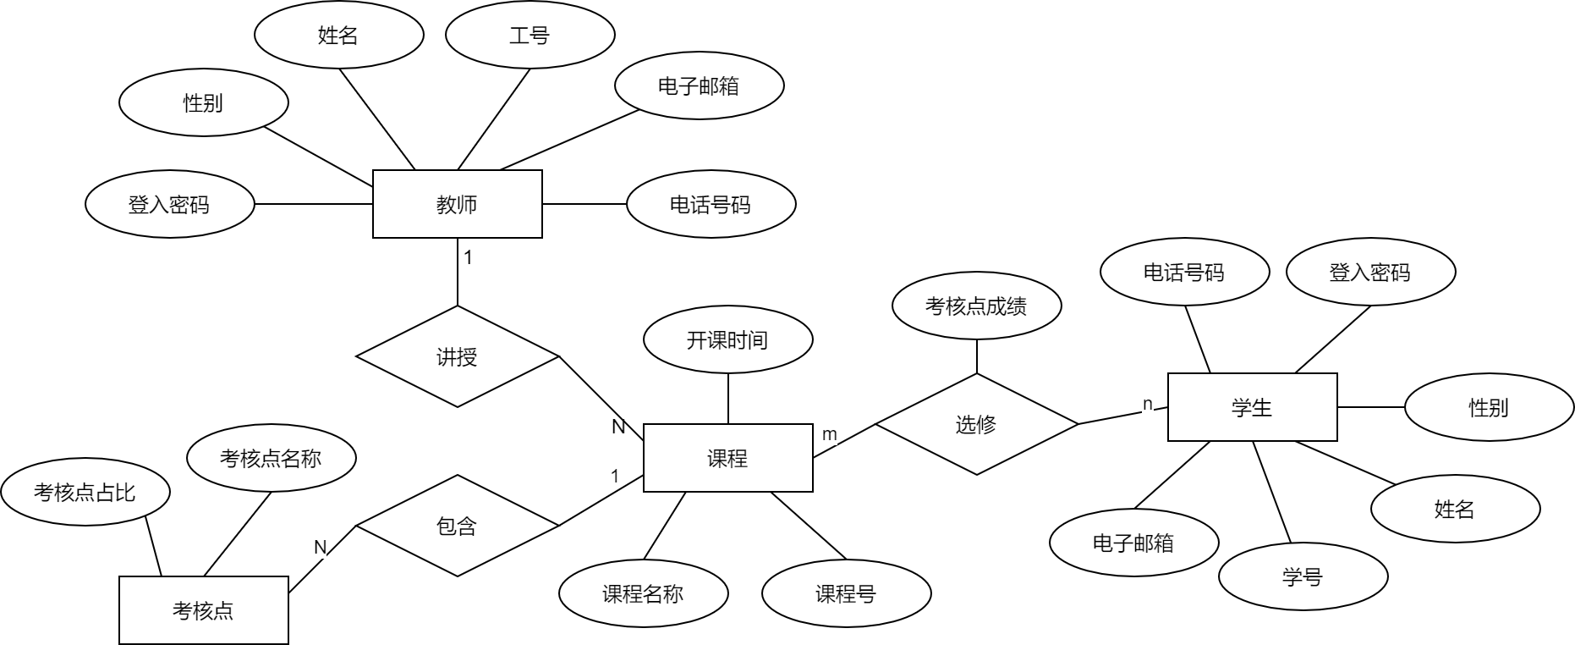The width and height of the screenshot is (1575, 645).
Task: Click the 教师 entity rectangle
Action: click(x=457, y=204)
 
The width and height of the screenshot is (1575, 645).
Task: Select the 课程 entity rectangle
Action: click(x=727, y=458)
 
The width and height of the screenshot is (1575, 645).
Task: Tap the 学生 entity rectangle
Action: click(x=1252, y=407)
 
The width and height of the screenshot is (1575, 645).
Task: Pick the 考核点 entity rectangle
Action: click(x=203, y=610)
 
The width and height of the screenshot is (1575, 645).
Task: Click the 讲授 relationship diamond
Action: click(x=457, y=356)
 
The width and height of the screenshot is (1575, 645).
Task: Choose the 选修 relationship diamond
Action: click(x=976, y=424)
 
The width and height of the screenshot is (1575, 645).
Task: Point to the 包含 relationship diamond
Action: click(x=457, y=526)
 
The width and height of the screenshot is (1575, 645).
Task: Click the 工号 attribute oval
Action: click(x=530, y=35)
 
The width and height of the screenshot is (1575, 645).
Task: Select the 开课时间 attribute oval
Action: click(x=727, y=339)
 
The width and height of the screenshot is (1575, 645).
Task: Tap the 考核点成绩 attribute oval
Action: click(x=976, y=306)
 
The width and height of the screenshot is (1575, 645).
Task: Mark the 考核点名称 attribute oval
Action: click(x=271, y=458)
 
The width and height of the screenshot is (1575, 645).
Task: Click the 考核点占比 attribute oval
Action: click(x=85, y=492)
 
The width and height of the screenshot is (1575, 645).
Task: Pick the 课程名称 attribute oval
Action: click(x=643, y=593)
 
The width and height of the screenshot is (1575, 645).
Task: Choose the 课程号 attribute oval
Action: click(x=846, y=593)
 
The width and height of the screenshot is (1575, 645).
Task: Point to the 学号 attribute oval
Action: click(x=1303, y=576)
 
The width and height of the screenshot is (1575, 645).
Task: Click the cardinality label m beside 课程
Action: click(x=830, y=434)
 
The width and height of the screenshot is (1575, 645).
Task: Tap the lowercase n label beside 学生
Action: click(x=1147, y=404)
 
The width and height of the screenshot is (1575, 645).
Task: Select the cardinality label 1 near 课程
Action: click(x=615, y=477)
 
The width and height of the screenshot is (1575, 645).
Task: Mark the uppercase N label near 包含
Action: click(x=321, y=548)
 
